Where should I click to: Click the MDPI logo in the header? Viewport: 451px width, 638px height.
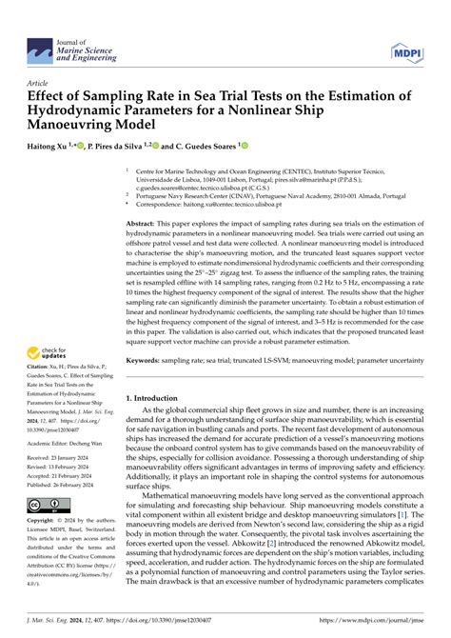pos(403,48)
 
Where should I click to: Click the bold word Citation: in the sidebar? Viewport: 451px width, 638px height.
pos(38,352)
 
